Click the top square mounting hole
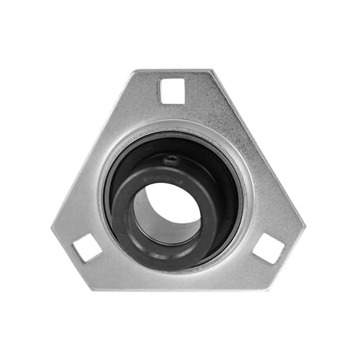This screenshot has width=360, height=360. click(x=172, y=91)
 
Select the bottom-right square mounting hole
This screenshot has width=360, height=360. click(x=268, y=248)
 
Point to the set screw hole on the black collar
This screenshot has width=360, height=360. click(x=173, y=160)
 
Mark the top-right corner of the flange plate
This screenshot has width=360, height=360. click(x=211, y=71)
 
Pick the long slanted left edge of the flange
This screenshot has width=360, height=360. click(x=93, y=150)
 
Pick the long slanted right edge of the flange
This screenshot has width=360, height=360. click(x=258, y=150)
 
